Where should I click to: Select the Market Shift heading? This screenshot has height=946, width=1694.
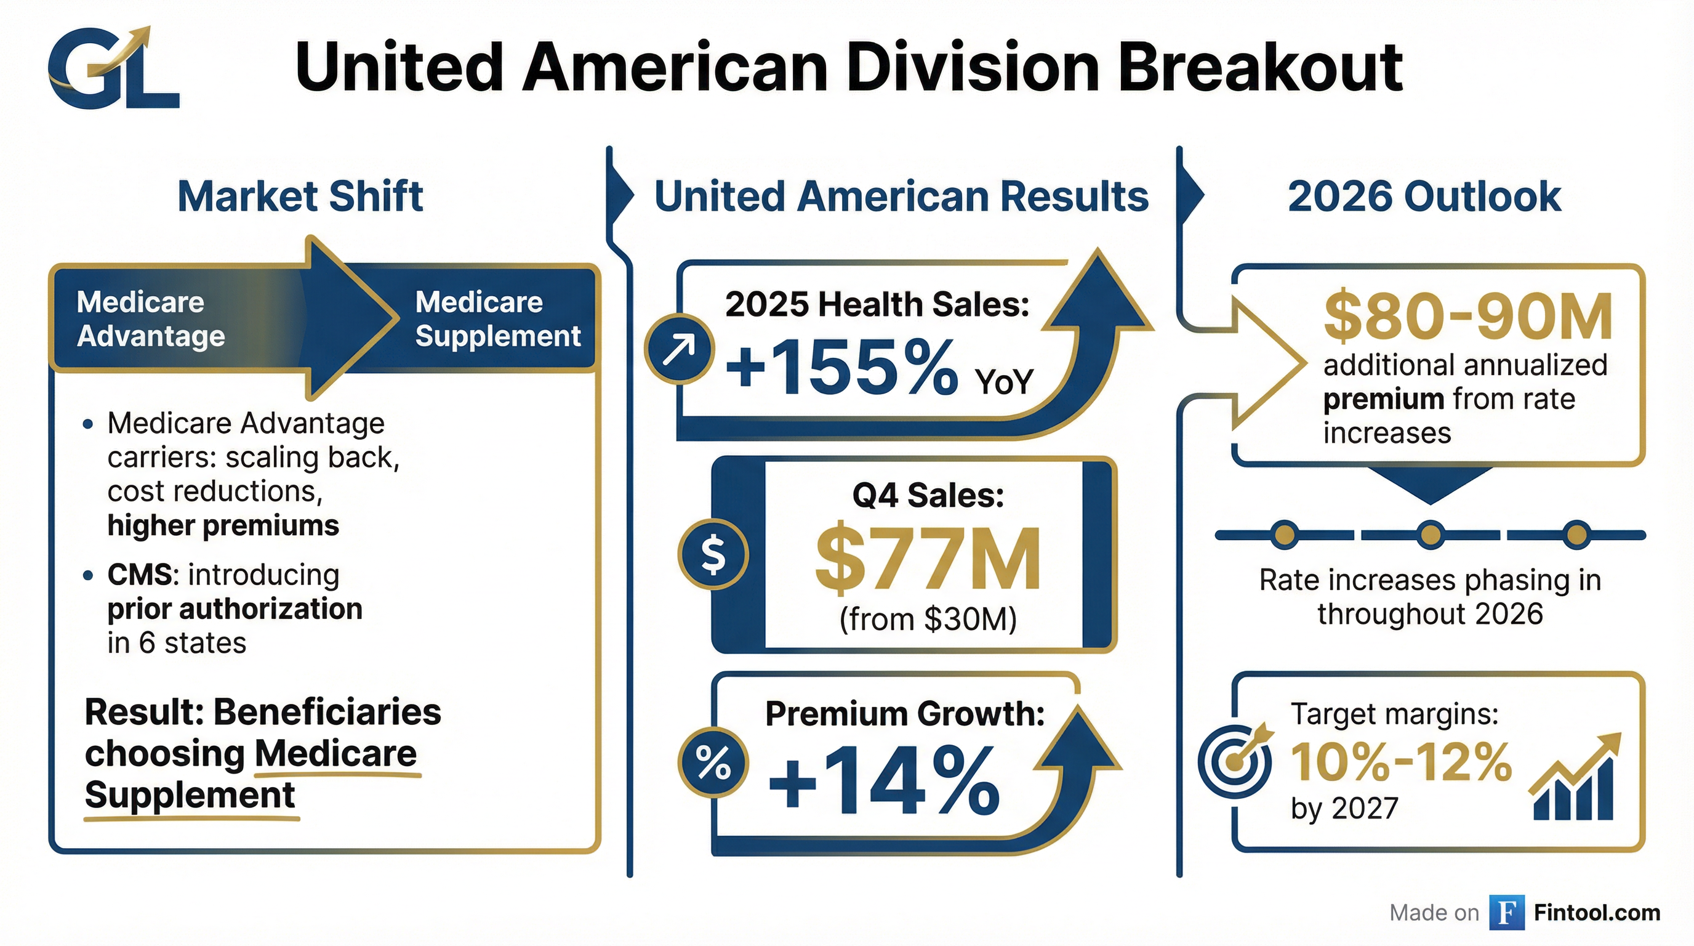(x=300, y=196)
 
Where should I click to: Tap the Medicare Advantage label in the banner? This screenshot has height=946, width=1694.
(x=150, y=319)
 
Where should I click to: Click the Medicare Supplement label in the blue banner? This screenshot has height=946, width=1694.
(x=497, y=319)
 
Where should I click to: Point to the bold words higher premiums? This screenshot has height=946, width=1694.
(x=223, y=525)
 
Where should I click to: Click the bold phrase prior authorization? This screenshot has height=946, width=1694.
(x=235, y=608)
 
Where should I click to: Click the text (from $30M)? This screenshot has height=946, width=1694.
(x=927, y=619)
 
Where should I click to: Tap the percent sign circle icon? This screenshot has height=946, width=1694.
(x=713, y=762)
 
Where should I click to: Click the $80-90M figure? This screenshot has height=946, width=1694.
(x=1467, y=317)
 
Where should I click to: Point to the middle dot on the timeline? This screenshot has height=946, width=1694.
(x=1430, y=534)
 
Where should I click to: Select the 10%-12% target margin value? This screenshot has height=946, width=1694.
(x=1401, y=762)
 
